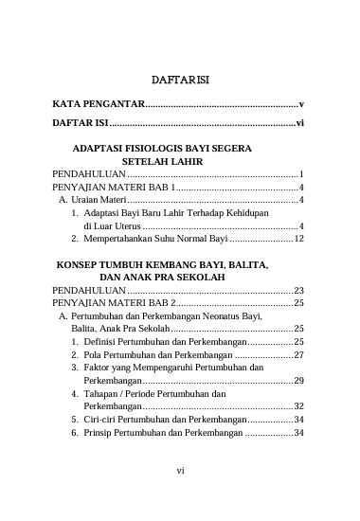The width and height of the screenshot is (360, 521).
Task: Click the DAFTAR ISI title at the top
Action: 179,81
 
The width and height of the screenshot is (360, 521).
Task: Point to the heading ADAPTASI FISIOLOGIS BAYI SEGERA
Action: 164,149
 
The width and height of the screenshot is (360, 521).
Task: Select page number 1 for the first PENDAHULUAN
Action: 300,175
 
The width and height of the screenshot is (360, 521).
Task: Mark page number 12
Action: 297,240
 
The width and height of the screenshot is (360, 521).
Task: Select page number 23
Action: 297,290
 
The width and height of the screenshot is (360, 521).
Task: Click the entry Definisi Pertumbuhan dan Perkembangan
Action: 164,341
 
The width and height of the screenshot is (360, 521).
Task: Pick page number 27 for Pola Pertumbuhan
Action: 297,354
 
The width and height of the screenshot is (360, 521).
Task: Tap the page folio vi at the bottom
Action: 179,494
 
